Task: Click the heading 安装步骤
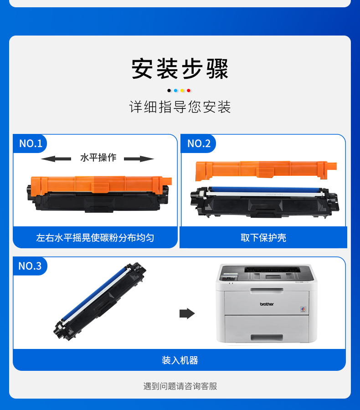(180, 69)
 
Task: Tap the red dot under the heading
(188, 91)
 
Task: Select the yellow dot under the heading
(182, 91)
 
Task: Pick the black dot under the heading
(169, 91)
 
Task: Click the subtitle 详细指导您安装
(180, 107)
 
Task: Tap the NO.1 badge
(30, 143)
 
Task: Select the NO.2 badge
(199, 143)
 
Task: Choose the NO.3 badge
(30, 266)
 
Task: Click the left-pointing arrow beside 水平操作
(56, 159)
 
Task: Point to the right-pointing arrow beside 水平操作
(139, 159)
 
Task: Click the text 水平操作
(98, 158)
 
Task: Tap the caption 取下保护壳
(263, 238)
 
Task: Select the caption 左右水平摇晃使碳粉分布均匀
(95, 238)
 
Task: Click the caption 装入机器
(180, 360)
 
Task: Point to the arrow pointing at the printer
(187, 313)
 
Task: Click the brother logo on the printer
(267, 304)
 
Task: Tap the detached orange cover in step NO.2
(266, 170)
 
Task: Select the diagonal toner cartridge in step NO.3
(100, 302)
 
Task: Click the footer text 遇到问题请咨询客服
(180, 386)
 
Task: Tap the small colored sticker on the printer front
(303, 309)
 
